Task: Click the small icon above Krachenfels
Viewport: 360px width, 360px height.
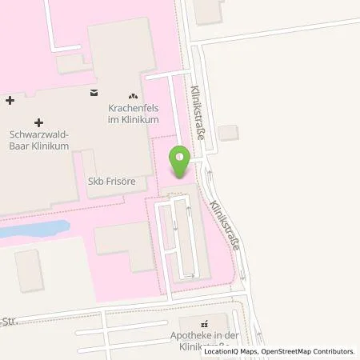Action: [133, 96]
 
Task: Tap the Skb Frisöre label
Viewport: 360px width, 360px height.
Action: [112, 182]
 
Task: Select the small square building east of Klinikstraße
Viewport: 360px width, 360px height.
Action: [227, 132]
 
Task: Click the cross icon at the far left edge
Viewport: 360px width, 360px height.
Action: [9, 101]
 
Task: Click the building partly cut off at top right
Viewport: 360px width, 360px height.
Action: [209, 10]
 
